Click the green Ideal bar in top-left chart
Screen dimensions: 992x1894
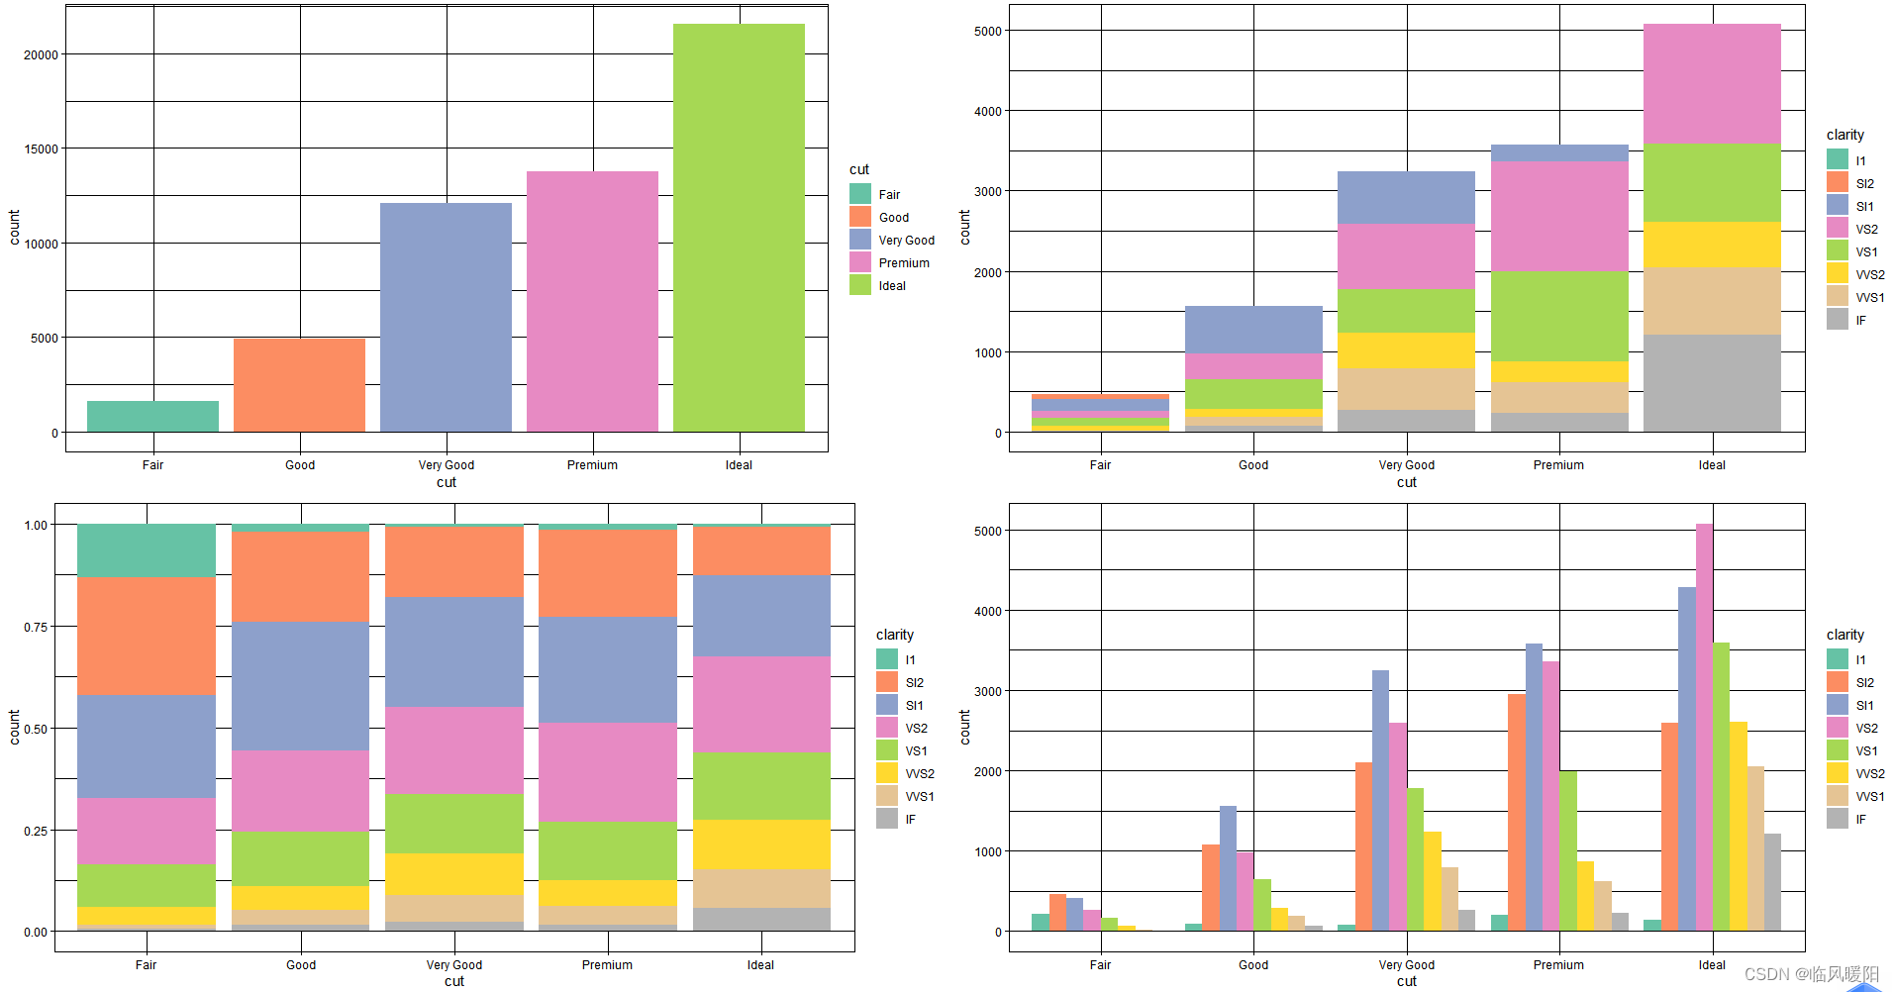coord(739,228)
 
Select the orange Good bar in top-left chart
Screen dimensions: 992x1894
coord(299,385)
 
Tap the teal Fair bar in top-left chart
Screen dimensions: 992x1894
coord(152,416)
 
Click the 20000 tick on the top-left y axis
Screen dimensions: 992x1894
coord(42,54)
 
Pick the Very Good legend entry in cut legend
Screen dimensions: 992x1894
coord(905,241)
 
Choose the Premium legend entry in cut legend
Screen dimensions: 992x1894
coord(903,263)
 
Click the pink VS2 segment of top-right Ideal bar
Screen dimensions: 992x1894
coord(1711,84)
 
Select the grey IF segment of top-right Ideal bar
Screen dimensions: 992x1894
coord(1711,383)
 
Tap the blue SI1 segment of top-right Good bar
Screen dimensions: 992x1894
coord(1253,330)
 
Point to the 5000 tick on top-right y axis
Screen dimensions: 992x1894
coord(987,31)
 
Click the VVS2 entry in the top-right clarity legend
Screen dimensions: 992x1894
coord(1869,275)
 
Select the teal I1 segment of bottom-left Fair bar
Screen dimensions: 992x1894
coord(147,550)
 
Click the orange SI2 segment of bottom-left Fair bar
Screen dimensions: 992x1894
coord(147,636)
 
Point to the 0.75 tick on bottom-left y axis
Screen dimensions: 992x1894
coord(36,627)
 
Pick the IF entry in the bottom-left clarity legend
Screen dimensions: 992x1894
coord(909,820)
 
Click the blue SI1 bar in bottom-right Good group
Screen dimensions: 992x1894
coord(1228,868)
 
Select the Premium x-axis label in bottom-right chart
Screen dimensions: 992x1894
coord(1558,965)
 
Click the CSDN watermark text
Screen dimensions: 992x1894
coord(1811,974)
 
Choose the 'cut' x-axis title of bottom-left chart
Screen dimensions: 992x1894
coord(453,981)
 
